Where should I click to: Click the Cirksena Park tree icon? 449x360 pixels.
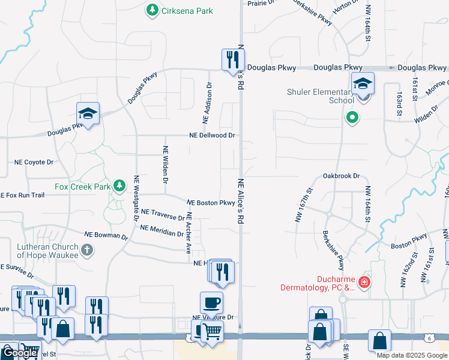152,10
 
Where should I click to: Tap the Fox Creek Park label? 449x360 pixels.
82,187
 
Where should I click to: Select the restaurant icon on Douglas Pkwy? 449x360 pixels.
232,60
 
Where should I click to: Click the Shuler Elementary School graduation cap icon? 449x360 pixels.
363,83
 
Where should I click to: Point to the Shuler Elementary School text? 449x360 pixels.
320,96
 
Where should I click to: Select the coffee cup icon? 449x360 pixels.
211,302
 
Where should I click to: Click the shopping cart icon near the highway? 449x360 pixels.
212,331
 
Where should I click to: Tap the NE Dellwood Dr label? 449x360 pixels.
212,136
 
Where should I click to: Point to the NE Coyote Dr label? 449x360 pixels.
34,162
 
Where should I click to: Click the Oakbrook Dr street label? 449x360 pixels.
340,176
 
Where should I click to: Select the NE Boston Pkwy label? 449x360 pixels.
211,203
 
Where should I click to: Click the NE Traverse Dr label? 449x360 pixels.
163,214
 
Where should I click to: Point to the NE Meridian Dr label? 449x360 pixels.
161,230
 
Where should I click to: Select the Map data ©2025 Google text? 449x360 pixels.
411,355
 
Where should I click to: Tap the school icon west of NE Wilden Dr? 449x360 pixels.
88,114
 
